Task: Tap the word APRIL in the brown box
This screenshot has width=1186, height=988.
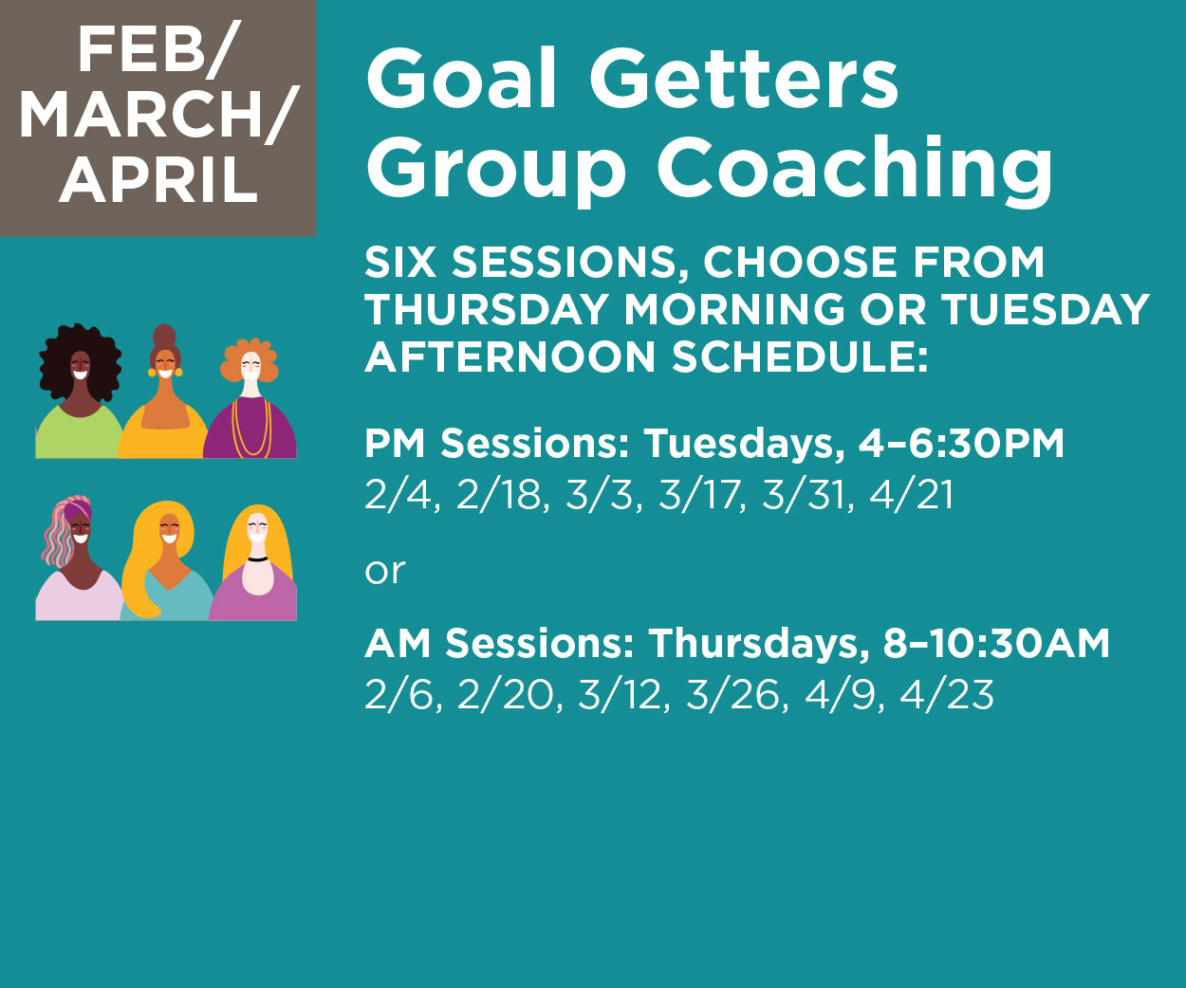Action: [x=158, y=179]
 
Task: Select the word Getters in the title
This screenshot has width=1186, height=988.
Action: [x=744, y=79]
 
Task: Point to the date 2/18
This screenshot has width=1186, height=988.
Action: [x=502, y=494]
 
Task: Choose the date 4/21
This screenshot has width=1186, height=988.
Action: [x=911, y=494]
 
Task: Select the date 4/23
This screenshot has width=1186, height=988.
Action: [x=947, y=694]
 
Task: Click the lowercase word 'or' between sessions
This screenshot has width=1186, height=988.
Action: [x=385, y=571]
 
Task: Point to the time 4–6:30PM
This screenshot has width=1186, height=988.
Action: [x=961, y=443]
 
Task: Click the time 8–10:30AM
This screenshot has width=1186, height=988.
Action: [x=996, y=643]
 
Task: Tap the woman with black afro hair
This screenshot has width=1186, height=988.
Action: [x=80, y=392]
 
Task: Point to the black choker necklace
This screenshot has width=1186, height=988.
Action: [x=258, y=559]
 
